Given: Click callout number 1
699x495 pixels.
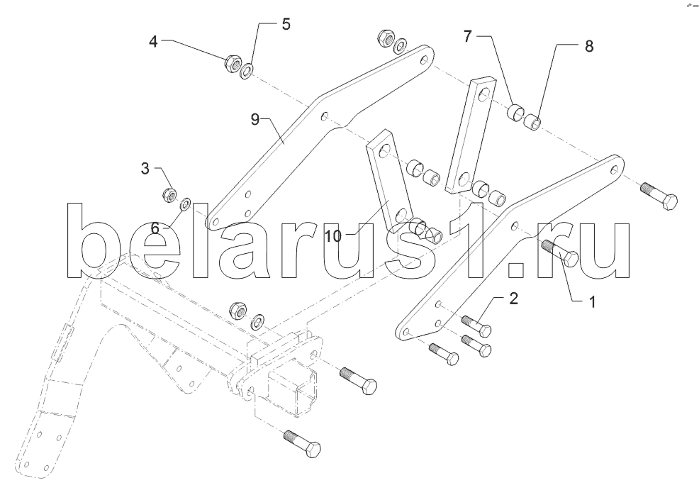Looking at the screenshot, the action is pos(592,302).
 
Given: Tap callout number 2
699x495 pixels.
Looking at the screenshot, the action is pos(513,299).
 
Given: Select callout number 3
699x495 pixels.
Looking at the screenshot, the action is pos(145,169).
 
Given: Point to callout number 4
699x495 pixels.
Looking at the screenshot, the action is pos(153,42).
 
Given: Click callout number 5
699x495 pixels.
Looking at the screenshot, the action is pos(286,24).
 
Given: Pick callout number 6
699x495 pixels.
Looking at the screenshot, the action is pos(155,228).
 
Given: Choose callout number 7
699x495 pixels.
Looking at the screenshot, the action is pos(467,36).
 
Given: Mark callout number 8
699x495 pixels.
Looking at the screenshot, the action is pos(589,46).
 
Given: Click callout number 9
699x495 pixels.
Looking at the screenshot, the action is pos(255,120).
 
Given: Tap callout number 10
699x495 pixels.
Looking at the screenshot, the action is pos(332,236).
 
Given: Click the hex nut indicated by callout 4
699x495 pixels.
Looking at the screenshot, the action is pos(232,64).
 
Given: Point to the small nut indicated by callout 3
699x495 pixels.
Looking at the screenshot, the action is pos(169,195).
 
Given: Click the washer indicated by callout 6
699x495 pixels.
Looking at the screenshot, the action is pos(185,204).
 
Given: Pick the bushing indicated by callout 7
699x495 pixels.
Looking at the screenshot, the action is pos(515,111).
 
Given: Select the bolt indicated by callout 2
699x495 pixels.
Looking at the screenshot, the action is pos(477,326).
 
